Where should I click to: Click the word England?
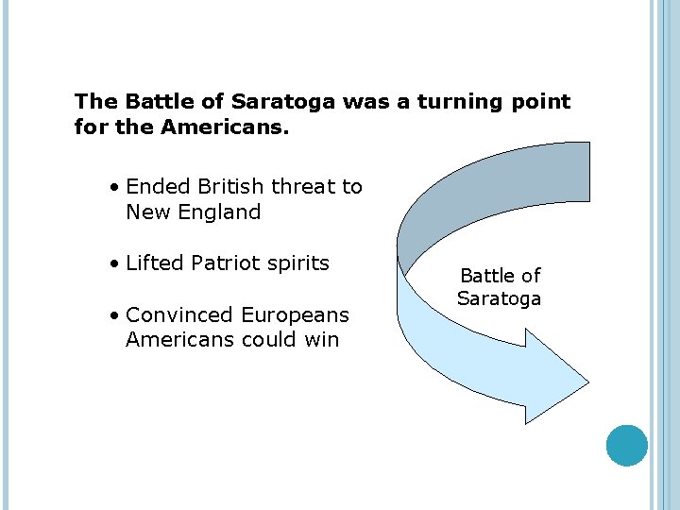click(x=215, y=212)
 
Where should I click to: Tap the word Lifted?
click(x=154, y=263)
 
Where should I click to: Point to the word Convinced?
click(x=179, y=314)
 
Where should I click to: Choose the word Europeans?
click(x=295, y=314)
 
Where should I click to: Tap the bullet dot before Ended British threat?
click(x=113, y=188)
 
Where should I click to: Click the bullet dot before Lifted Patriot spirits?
click(x=113, y=263)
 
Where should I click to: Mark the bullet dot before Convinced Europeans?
click(x=113, y=315)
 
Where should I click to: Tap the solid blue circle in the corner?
click(x=627, y=445)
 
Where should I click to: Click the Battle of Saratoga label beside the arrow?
click(x=500, y=287)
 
